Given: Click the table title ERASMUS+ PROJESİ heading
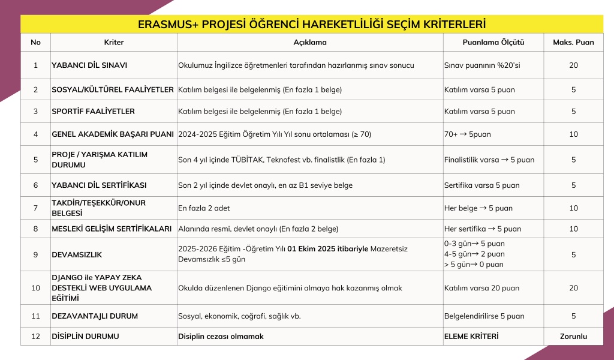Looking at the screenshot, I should click(x=311, y=25).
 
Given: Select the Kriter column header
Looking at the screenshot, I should click(x=113, y=43).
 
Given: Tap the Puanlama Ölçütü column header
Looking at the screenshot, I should click(x=493, y=43).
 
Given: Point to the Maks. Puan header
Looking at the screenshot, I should click(x=573, y=43).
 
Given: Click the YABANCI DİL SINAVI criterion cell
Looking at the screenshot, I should click(x=89, y=65).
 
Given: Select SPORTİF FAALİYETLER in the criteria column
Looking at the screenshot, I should click(x=93, y=112).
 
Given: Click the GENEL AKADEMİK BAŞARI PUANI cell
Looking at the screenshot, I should click(x=113, y=134).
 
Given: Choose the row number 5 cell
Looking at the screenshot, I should click(x=35, y=160).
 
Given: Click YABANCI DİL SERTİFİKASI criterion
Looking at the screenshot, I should click(x=99, y=185).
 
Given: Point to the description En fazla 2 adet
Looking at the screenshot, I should click(x=204, y=208).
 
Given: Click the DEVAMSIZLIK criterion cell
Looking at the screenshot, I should click(x=77, y=254).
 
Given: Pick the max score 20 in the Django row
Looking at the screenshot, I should click(x=573, y=288).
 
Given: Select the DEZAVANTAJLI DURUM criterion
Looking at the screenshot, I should click(x=95, y=316).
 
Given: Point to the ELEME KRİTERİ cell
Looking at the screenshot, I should click(x=471, y=337).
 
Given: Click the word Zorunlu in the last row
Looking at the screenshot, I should click(x=573, y=337).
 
